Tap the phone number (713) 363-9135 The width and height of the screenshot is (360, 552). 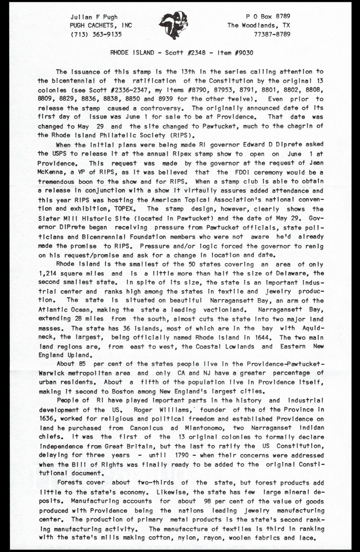tap(96, 34)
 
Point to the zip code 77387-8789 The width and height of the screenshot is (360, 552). tap(272, 34)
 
